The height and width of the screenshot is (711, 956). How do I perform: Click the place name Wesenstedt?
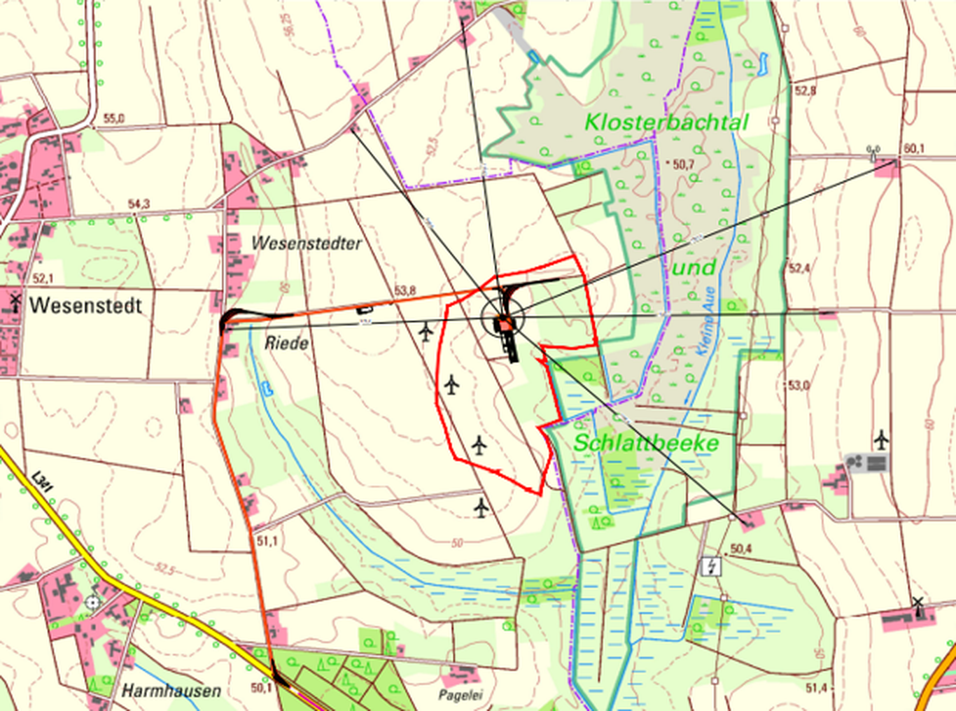tap(85, 306)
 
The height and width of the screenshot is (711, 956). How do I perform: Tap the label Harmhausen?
tap(171, 691)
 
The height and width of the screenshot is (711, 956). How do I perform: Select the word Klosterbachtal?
tap(666, 122)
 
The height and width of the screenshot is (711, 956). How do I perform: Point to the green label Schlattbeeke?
tap(646, 443)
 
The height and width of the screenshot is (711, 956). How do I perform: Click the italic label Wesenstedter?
tap(307, 244)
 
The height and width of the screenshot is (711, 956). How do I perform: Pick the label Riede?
tap(286, 344)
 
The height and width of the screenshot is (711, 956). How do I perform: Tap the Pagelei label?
tap(461, 696)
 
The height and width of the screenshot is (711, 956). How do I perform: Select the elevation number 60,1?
tap(914, 148)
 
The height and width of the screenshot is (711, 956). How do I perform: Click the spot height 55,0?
tap(113, 119)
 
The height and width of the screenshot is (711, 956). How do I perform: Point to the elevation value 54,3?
tap(139, 204)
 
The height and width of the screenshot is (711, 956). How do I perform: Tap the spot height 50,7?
tap(682, 164)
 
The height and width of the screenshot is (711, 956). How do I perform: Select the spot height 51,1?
tap(267, 541)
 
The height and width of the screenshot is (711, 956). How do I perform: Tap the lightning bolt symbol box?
tap(711, 566)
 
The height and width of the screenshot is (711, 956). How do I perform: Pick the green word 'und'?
tap(694, 268)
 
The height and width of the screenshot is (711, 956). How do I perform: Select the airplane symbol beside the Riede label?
tap(426, 332)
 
